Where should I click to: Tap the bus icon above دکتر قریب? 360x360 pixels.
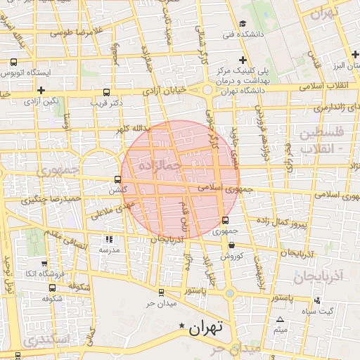pos(106,91)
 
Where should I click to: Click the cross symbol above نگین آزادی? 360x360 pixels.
pos(42,90)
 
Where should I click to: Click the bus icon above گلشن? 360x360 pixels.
pos(118,179)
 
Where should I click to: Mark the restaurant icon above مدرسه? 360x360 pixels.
pos(108,239)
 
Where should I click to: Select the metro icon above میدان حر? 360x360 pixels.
pos(160,292)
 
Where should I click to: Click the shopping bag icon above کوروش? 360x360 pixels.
pos(232,245)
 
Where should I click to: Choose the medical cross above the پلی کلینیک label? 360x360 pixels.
pos(243,60)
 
